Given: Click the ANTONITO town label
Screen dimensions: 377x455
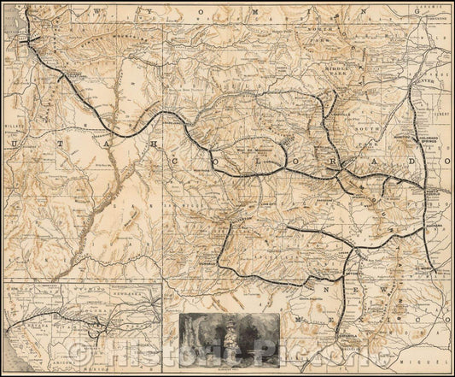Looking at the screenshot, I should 347,274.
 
